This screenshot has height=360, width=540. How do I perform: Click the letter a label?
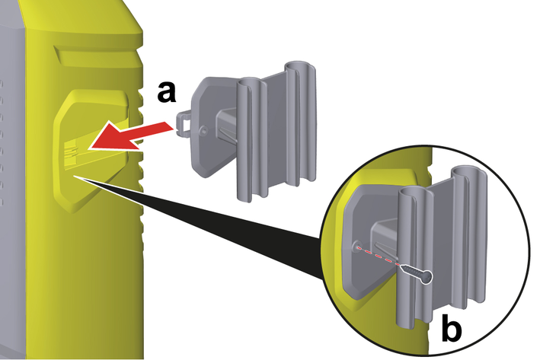pyautogui.click(x=168, y=92)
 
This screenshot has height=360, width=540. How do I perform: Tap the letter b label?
pyautogui.click(x=450, y=333)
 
